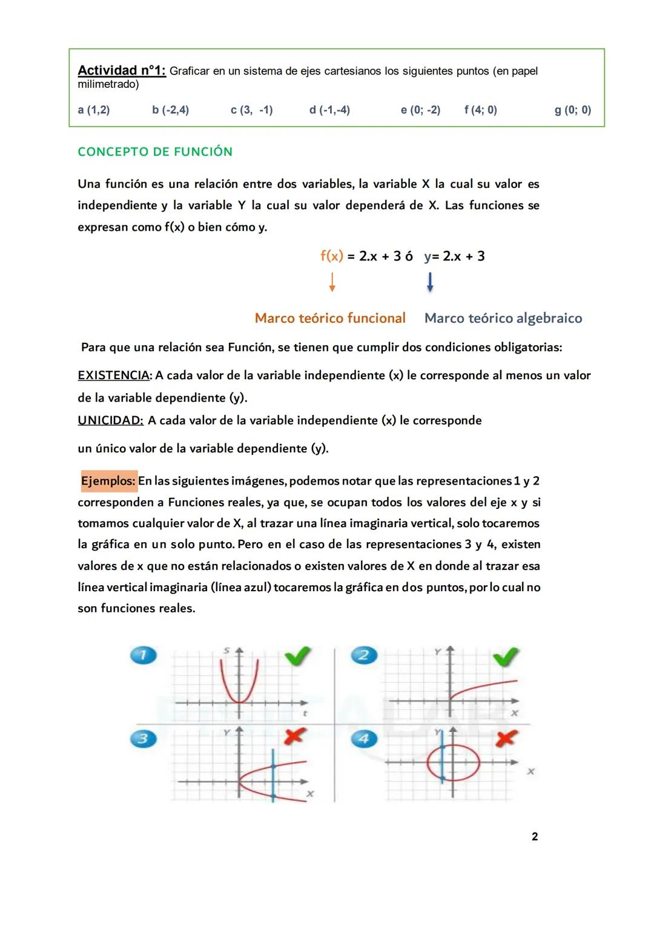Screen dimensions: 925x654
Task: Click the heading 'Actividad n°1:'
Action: coord(121,71)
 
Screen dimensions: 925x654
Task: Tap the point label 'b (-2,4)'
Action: coord(170,110)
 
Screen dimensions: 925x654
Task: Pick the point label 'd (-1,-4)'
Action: coord(329,110)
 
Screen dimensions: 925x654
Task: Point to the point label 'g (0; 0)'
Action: coord(572,110)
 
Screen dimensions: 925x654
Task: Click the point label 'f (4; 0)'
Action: coord(480,110)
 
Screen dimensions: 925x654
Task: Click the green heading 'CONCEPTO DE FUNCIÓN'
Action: coord(155,152)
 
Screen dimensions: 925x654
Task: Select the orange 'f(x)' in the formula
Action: coord(331,256)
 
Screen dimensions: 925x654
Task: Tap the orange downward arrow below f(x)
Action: coord(332,282)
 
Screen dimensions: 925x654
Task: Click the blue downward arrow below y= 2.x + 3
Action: coord(430,282)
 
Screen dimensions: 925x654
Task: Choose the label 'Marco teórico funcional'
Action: coord(330,319)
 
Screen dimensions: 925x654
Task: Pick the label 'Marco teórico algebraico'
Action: coord(503,319)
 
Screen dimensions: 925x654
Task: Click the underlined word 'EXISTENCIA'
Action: coord(113,376)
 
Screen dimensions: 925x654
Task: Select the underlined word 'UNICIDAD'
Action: coord(110,420)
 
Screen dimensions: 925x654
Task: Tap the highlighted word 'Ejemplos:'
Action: coord(108,481)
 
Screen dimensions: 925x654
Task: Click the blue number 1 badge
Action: coord(144,655)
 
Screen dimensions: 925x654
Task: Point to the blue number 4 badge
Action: coord(364,738)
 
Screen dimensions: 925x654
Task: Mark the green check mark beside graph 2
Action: coord(506,657)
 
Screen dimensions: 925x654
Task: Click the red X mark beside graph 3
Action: coord(294,736)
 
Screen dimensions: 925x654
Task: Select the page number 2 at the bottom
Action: coord(535,837)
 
